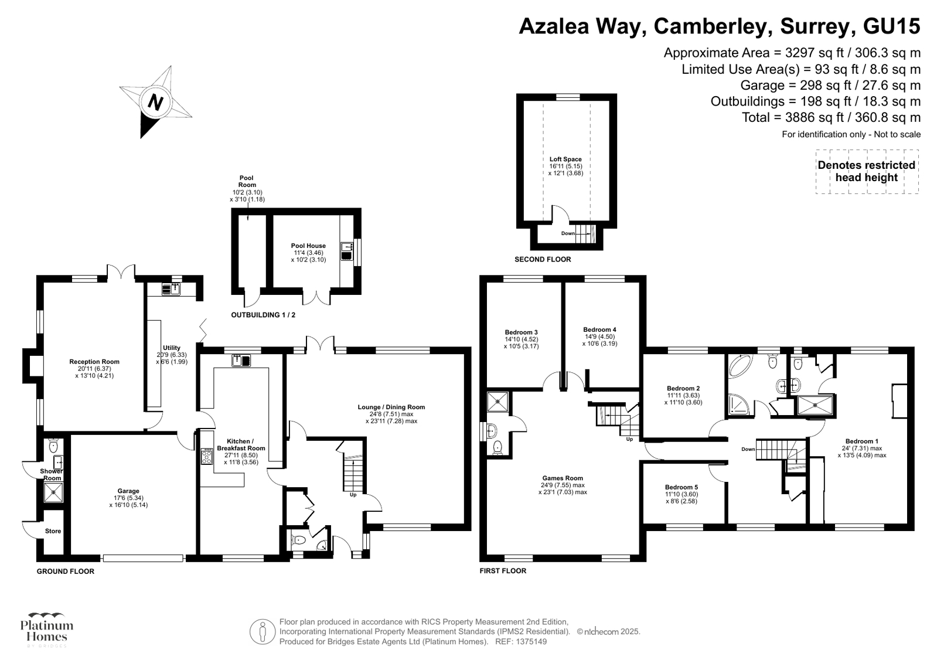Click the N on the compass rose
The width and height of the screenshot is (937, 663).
point(155,103)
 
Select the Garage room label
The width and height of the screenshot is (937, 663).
point(128,491)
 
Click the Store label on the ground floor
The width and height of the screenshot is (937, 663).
point(53,531)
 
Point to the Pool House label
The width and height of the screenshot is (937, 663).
point(308,246)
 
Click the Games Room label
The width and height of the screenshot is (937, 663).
point(563,478)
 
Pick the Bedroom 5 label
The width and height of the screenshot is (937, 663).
point(682,487)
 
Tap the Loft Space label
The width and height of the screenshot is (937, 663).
point(565,159)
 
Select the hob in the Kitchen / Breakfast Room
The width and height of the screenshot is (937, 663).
point(207,457)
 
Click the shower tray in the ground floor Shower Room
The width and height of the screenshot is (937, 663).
point(53,492)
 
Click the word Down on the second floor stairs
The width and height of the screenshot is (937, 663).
point(568,233)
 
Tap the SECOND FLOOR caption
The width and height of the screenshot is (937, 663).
point(542,259)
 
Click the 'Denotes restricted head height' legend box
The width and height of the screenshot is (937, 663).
point(867,172)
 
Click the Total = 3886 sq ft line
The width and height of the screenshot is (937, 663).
point(831,117)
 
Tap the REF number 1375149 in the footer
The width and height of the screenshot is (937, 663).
point(530,642)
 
